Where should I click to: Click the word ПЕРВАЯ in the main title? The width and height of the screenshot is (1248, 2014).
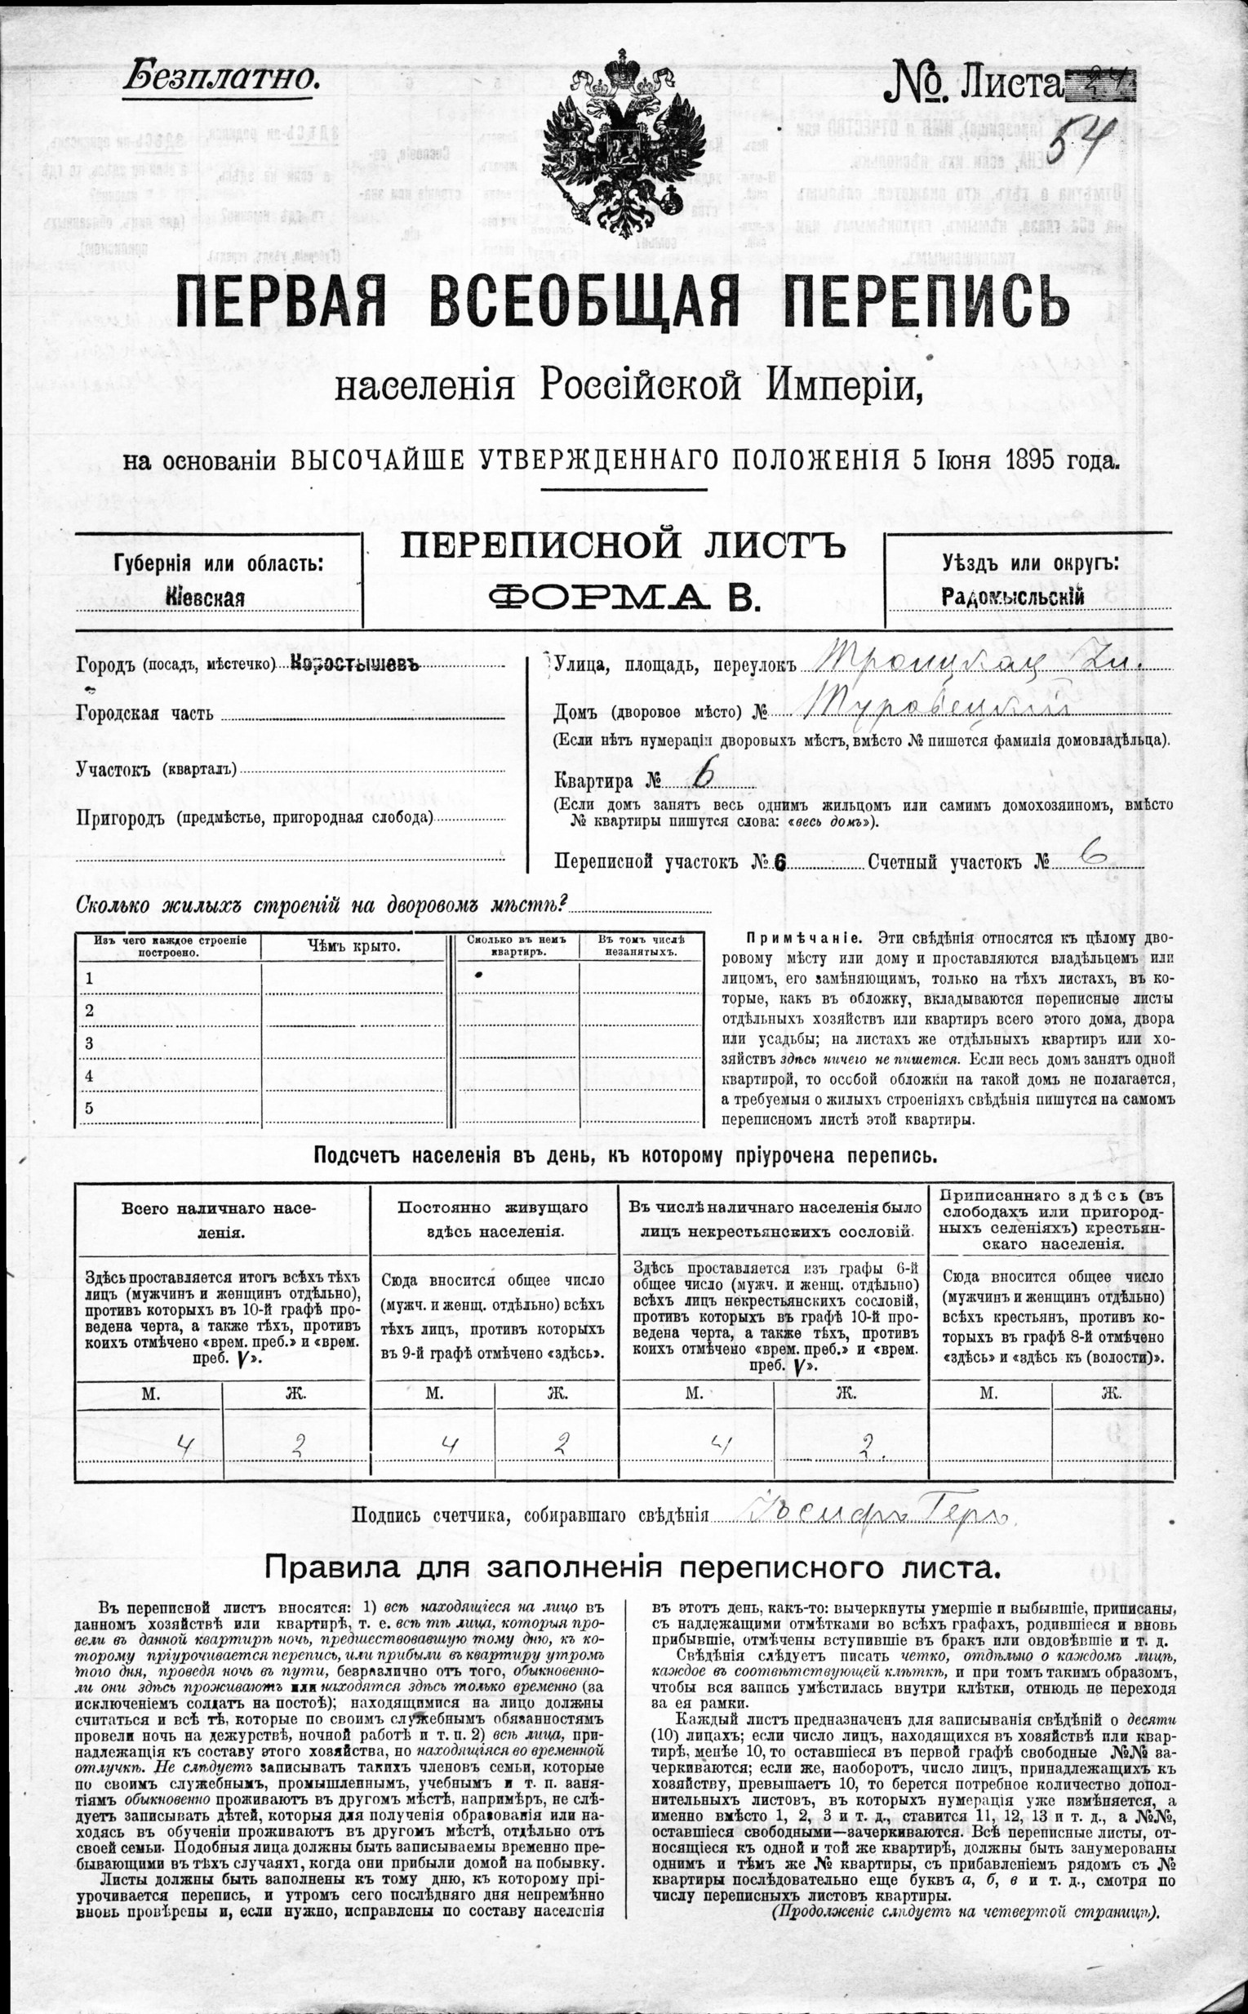coord(281,301)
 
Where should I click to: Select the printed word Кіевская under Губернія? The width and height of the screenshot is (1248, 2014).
coord(205,598)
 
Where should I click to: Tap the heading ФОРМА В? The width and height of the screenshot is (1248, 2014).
coord(624,595)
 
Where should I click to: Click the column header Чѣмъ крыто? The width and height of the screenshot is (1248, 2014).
coord(353,946)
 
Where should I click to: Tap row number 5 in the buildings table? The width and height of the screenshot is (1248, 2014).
coord(90,1108)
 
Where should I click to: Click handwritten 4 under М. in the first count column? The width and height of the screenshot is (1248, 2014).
coord(188,1444)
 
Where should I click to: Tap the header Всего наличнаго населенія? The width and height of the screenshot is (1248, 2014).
coord(219,1220)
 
